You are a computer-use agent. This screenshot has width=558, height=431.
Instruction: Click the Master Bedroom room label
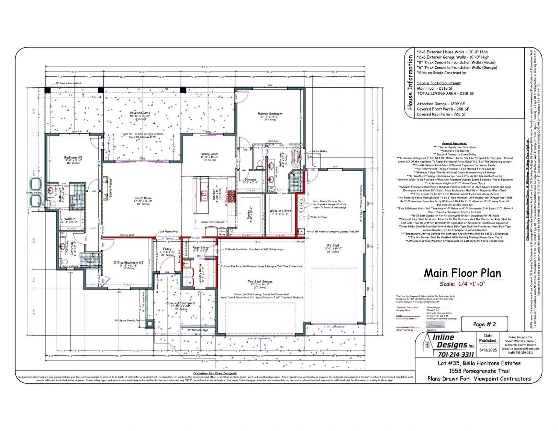pos(270,114)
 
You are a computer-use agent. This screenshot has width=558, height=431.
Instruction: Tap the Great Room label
pos(143,198)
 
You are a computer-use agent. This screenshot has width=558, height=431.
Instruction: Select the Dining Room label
pos(209,154)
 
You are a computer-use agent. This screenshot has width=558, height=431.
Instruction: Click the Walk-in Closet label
pos(280,211)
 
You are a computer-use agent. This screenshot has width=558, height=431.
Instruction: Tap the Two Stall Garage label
pos(260,281)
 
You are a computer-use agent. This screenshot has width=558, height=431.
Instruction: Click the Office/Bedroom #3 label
pos(129,263)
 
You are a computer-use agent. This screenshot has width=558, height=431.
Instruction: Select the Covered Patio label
pos(140,113)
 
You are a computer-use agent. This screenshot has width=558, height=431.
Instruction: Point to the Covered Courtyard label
pos(180,303)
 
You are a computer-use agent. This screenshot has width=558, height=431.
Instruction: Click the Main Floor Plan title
pos(462,273)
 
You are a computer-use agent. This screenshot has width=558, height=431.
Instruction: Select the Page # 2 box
pos(484,324)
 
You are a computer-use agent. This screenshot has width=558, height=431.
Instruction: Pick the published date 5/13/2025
pos(488,350)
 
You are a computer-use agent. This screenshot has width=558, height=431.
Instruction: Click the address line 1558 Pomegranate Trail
pos(479,371)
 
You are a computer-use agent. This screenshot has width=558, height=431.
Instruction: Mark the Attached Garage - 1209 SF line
pos(441,104)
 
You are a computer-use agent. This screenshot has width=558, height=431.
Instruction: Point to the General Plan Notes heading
pos(454,143)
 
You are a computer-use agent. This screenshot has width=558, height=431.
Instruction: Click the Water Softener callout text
pos(319,217)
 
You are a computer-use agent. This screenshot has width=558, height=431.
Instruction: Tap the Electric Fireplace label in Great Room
pos(111,189)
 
